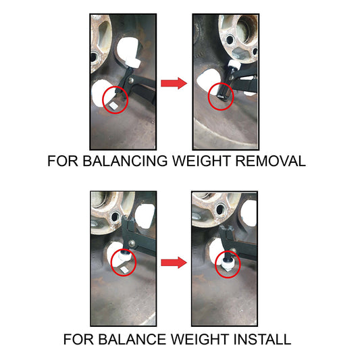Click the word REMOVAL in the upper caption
click(x=270, y=161)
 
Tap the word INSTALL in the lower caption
click(x=262, y=339)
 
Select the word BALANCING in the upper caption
click(x=125, y=161)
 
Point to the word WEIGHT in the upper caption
click(x=201, y=161)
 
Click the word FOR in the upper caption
click(x=63, y=161)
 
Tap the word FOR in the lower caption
click(x=78, y=339)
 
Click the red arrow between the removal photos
click(x=174, y=83)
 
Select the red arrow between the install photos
click(x=174, y=263)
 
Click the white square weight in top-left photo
click(x=113, y=106)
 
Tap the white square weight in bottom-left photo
click(x=125, y=270)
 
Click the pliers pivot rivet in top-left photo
click(x=131, y=80)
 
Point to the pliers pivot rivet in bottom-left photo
click(x=132, y=243)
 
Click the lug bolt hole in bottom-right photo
click(x=220, y=209)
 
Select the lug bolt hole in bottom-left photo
click(x=115, y=217)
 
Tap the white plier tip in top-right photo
click(x=234, y=65)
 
